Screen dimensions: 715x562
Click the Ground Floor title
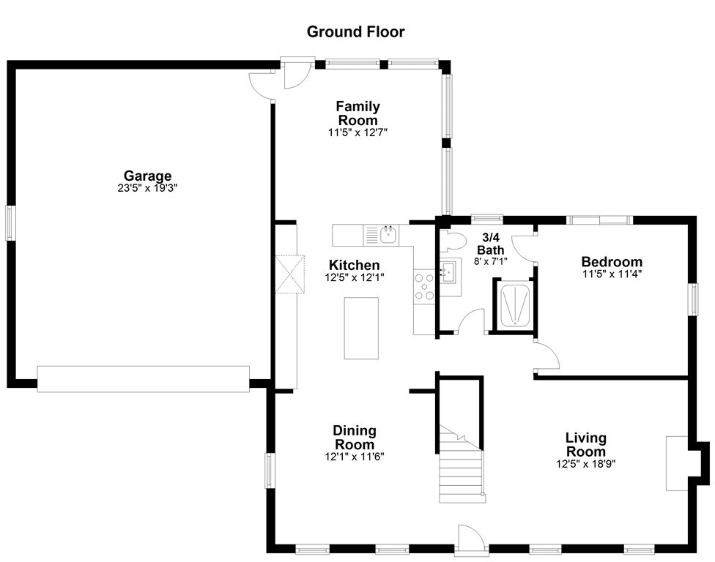coord(356,31)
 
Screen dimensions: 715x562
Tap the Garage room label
coord(148,176)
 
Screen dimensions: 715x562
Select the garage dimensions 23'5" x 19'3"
coord(147,188)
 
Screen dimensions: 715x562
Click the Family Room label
coord(358,113)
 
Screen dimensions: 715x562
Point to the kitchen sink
coord(388,235)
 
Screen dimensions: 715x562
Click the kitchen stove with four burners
coord(424,286)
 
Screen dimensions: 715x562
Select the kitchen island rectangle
coord(361,329)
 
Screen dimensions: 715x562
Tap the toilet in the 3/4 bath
coord(452,241)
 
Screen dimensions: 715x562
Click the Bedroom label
coord(612,262)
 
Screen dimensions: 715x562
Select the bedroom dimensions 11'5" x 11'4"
coord(612,274)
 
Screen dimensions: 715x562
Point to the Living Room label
coord(586,445)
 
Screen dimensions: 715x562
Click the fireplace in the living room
coord(677,464)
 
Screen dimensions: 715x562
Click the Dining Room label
coord(355,437)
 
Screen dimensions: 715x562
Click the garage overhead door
coord(143,379)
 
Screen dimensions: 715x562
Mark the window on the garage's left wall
coord(10,222)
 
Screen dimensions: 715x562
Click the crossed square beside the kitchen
coord(290,274)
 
